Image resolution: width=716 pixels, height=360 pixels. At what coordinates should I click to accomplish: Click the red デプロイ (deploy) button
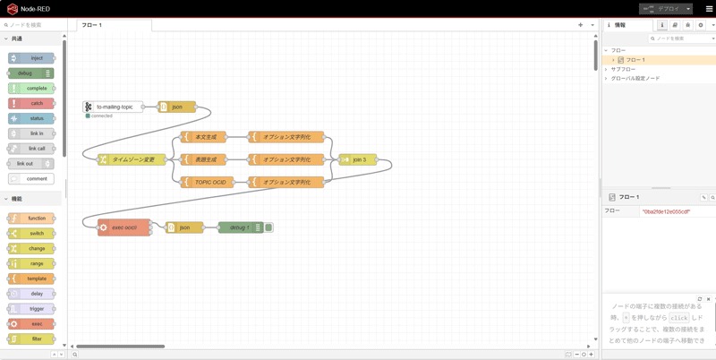click(x=661, y=9)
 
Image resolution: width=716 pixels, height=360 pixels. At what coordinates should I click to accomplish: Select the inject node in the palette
click(x=32, y=58)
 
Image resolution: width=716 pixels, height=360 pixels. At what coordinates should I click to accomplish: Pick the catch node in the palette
click(x=32, y=103)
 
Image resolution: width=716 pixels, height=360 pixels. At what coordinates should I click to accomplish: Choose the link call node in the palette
click(x=32, y=149)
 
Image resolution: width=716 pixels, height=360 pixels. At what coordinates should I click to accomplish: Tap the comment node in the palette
click(x=32, y=178)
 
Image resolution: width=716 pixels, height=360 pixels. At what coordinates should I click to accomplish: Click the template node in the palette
click(x=32, y=279)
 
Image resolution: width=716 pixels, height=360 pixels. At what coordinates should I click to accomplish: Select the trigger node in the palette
click(x=32, y=309)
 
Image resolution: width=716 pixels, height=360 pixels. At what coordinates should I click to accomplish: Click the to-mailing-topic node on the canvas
click(x=114, y=107)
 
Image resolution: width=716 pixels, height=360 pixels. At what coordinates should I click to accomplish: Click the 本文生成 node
click(x=203, y=137)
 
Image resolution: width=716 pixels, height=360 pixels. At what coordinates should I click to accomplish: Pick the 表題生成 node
click(x=203, y=159)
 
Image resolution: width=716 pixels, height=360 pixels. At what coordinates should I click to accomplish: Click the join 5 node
click(x=357, y=159)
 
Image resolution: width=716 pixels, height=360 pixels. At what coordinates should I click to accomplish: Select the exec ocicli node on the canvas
click(x=124, y=227)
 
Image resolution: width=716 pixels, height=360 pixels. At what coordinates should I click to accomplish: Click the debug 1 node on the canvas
click(x=239, y=227)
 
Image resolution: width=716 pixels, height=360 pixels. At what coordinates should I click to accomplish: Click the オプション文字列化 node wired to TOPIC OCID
click(x=286, y=182)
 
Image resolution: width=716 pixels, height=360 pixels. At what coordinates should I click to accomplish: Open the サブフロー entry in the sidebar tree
click(x=624, y=69)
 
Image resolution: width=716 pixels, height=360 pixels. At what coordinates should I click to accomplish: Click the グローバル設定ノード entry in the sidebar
click(x=635, y=78)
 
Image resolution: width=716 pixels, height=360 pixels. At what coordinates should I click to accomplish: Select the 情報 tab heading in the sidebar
click(x=619, y=25)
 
